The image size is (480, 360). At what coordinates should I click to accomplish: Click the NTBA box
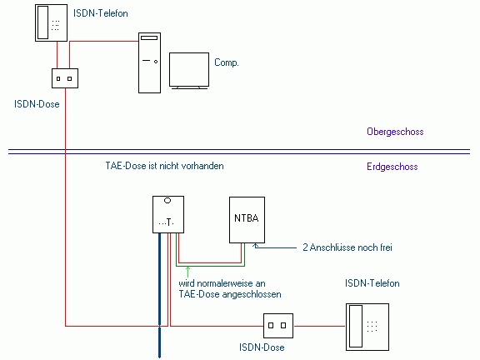click(247, 220)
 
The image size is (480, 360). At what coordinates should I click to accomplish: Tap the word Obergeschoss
click(395, 132)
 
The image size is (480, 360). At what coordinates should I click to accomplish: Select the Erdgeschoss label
click(392, 167)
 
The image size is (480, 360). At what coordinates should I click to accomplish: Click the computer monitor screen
click(189, 70)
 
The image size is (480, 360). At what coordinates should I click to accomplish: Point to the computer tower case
click(149, 62)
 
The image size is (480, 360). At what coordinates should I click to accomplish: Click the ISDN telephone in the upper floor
click(51, 22)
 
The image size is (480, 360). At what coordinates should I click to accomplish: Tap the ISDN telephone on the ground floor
click(367, 327)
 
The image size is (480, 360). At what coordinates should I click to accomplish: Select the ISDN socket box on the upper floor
click(65, 78)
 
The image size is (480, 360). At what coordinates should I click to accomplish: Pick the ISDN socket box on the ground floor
click(278, 325)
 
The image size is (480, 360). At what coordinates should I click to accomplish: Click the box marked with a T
click(168, 215)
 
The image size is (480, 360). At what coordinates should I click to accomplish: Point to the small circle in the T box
click(167, 201)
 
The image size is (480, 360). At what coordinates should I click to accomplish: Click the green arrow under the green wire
click(187, 272)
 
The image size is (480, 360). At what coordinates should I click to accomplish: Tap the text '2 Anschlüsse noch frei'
click(347, 247)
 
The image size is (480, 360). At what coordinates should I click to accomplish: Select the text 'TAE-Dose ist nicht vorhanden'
click(165, 166)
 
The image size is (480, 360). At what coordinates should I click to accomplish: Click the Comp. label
click(226, 62)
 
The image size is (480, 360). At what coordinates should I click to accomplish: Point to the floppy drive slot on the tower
click(149, 38)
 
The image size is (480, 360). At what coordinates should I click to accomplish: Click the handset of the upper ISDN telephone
click(42, 22)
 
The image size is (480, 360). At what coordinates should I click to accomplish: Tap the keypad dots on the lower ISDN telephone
click(372, 327)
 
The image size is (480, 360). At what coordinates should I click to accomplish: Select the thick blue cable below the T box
click(159, 295)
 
